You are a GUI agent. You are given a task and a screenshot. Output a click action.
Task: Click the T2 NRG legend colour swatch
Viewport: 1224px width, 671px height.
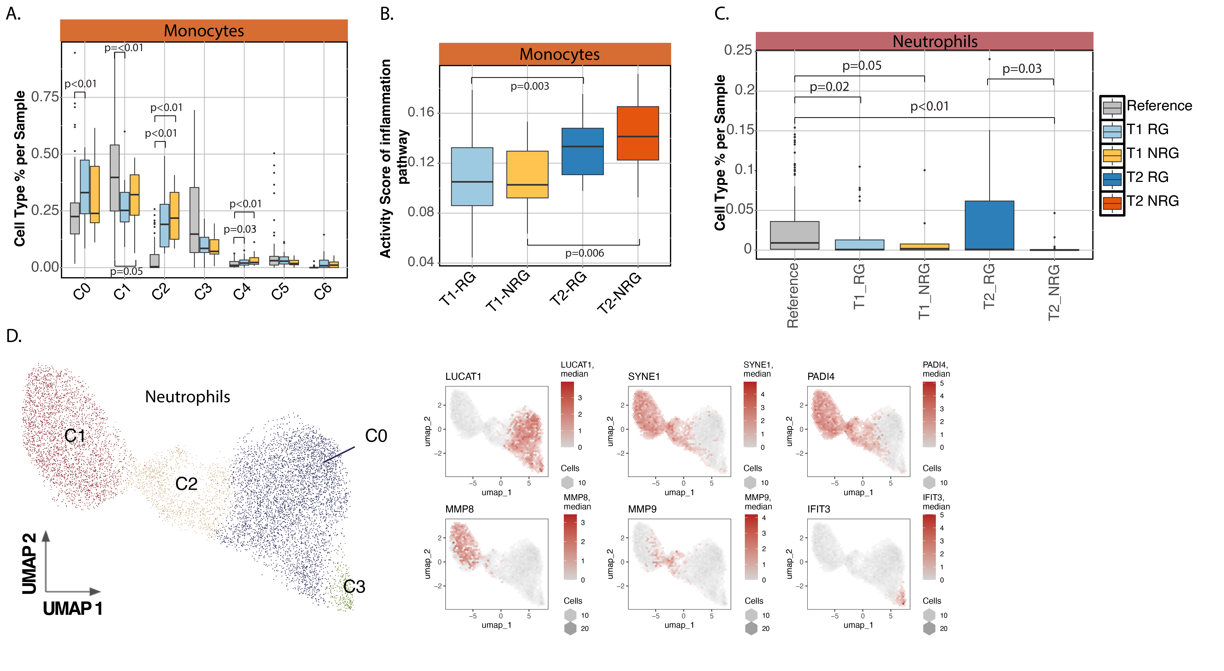tap(1112, 203)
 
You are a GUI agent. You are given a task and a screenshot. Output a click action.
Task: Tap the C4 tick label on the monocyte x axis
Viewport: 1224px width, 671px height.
tap(241, 291)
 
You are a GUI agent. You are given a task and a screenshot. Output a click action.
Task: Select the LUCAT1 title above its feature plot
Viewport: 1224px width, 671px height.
tap(463, 377)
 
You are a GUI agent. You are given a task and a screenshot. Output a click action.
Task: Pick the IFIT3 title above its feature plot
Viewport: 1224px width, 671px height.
tap(819, 509)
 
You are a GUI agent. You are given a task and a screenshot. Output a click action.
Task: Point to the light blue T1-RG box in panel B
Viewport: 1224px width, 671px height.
tap(472, 176)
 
